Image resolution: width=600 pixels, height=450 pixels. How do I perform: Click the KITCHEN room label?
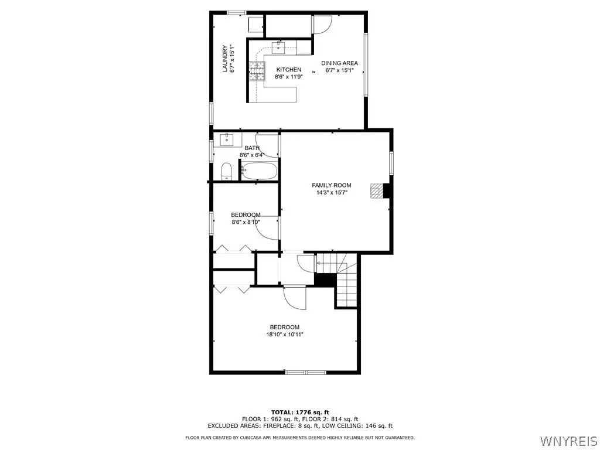pos(288,70)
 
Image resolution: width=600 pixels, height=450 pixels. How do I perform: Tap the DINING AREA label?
pos(339,63)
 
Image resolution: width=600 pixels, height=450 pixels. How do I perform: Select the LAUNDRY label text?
pos(226,59)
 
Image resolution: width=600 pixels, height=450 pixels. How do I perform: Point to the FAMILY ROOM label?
pos(332,185)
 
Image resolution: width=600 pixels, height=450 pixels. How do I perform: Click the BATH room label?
pos(252,148)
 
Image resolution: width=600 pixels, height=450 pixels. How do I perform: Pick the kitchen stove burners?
pos(257,71)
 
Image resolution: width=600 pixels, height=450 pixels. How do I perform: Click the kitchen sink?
pos(278,48)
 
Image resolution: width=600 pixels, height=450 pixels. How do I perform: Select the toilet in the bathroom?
pos(227,172)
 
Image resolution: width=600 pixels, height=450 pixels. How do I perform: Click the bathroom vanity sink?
pos(227,139)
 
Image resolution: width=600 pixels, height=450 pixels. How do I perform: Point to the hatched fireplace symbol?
pos(377,191)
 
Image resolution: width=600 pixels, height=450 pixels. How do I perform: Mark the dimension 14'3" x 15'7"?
pos(332,192)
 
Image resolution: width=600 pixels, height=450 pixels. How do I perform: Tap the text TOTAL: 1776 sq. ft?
pos(300,412)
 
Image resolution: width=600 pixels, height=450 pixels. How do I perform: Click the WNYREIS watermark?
pos(568,441)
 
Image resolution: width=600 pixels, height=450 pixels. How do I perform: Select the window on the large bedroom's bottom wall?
pos(305,372)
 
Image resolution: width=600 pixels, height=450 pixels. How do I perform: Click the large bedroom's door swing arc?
pos(295,298)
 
